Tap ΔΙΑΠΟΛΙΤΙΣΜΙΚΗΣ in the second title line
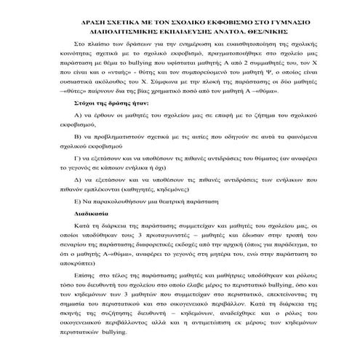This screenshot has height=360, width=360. [124, 32]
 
